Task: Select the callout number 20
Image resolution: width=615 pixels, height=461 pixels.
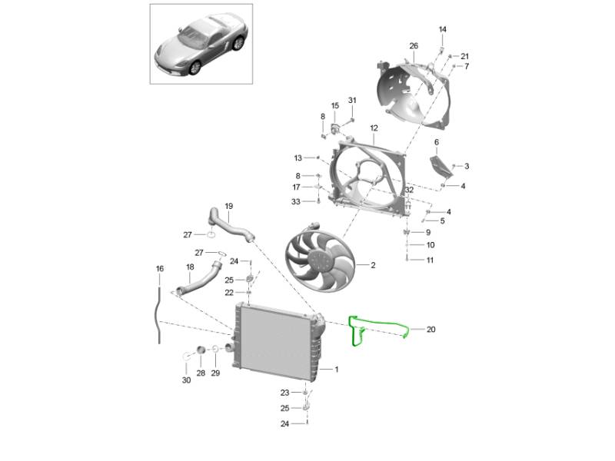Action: (x=430, y=330)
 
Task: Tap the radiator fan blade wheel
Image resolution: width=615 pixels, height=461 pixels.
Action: (x=320, y=260)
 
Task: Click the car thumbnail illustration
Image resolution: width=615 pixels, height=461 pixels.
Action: (x=201, y=44)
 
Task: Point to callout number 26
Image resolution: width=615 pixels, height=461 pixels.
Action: (x=414, y=46)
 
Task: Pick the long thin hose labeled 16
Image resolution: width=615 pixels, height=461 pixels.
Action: (x=158, y=316)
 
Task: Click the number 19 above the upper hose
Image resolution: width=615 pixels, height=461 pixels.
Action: (x=228, y=206)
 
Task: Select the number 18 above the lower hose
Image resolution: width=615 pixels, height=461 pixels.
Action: (x=190, y=267)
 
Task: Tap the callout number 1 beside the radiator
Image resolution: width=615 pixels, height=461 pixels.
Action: (x=336, y=370)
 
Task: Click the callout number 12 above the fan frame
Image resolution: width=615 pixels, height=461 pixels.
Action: (x=374, y=128)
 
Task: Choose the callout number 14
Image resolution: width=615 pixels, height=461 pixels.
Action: (x=443, y=29)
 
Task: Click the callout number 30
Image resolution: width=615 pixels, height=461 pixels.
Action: (x=186, y=380)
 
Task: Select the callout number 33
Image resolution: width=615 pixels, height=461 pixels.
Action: (x=296, y=201)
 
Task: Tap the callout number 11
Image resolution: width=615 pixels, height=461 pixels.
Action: (x=430, y=260)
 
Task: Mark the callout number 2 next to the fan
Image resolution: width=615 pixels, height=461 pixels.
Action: (x=373, y=265)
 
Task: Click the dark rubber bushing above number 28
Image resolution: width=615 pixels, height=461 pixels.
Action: (x=201, y=350)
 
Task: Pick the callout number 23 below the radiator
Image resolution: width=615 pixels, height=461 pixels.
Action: (x=284, y=393)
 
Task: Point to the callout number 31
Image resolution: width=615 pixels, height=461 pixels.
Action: (x=352, y=101)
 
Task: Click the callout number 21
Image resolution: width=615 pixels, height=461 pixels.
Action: (x=464, y=56)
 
